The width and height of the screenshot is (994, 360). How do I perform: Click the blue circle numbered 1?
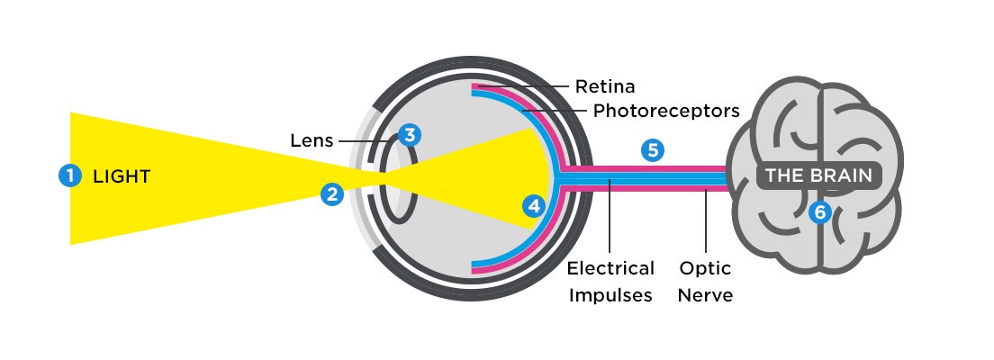click(68, 175)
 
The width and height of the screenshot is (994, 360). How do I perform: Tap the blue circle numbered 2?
click(333, 193)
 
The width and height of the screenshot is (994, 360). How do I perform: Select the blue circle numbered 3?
click(410, 136)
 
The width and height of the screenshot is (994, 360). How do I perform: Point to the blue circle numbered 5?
click(653, 150)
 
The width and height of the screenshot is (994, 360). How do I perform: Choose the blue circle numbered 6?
click(818, 212)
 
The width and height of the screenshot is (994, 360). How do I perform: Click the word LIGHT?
click(122, 176)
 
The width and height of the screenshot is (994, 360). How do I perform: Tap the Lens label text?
click(312, 141)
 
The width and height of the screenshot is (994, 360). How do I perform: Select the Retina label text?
click(605, 87)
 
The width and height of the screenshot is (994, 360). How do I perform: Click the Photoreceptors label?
click(666, 112)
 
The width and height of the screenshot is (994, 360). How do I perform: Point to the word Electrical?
click(610, 269)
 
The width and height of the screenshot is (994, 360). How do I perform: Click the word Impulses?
click(610, 295)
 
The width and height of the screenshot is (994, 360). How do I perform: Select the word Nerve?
click(706, 295)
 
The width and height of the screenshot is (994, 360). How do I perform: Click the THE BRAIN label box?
click(818, 175)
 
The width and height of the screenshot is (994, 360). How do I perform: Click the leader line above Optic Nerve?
click(706, 225)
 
